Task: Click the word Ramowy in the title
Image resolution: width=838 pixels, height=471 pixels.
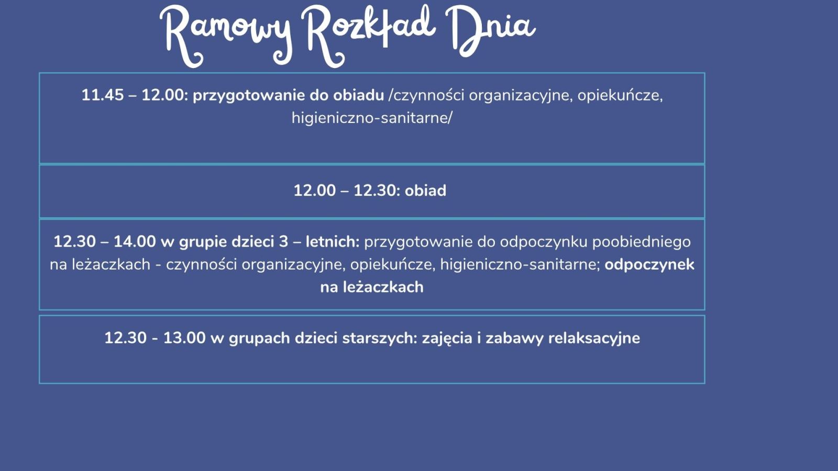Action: (x=226, y=36)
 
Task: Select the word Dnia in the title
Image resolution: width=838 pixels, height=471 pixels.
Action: (x=490, y=32)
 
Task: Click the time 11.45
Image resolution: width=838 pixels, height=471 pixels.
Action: (x=103, y=95)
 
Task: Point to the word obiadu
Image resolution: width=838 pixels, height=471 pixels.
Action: (x=358, y=95)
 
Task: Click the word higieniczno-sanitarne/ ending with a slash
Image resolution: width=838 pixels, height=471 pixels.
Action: (x=372, y=118)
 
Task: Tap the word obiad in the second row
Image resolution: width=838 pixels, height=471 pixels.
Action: (x=425, y=190)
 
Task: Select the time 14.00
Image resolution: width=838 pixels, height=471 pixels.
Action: (x=135, y=241)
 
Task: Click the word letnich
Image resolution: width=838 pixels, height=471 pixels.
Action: (x=332, y=241)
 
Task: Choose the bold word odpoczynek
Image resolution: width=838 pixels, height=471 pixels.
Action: (x=649, y=265)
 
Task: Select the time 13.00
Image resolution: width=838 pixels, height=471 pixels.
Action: (x=184, y=338)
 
